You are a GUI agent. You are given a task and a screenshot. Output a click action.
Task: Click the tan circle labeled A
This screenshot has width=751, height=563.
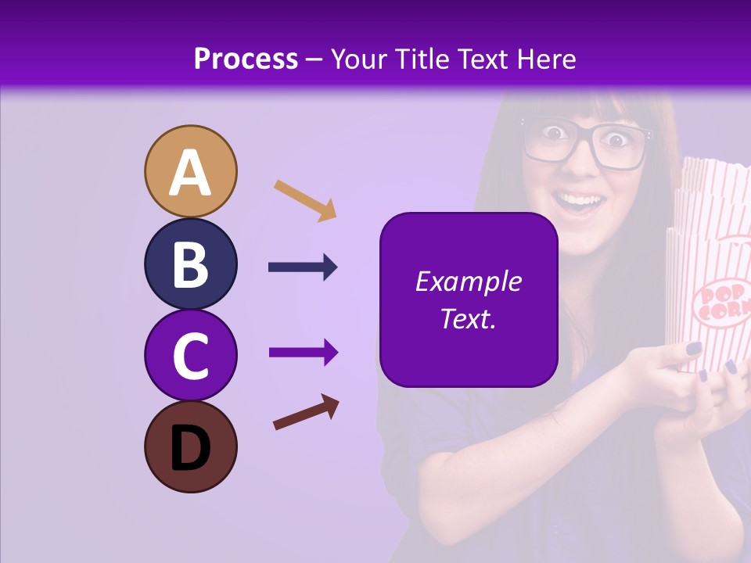coord(191,172)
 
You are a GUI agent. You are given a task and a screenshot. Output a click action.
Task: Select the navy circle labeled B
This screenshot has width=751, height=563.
coord(191,264)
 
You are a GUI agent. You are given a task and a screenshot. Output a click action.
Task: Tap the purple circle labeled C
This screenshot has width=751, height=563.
coord(191,356)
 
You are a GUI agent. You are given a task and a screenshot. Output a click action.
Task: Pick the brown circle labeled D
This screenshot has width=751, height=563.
coord(191,447)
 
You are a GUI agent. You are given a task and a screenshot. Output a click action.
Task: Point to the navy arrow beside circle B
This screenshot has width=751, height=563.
coord(303,267)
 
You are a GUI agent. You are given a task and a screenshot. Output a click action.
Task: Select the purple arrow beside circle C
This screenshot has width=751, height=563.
coord(303,353)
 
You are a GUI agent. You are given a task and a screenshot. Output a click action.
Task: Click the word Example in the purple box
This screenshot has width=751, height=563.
coord(468,281)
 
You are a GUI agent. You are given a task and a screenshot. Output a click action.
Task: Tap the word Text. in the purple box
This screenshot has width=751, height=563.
coord(468,318)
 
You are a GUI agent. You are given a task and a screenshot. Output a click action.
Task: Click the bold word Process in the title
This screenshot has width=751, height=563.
coord(246,59)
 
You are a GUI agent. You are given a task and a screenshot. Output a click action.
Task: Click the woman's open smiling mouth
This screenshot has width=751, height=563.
coord(584,206)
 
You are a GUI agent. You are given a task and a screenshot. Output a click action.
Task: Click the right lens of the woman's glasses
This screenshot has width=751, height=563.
coord(623,144)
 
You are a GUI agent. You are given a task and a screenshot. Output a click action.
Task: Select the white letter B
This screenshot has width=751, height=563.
coord(191,264)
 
